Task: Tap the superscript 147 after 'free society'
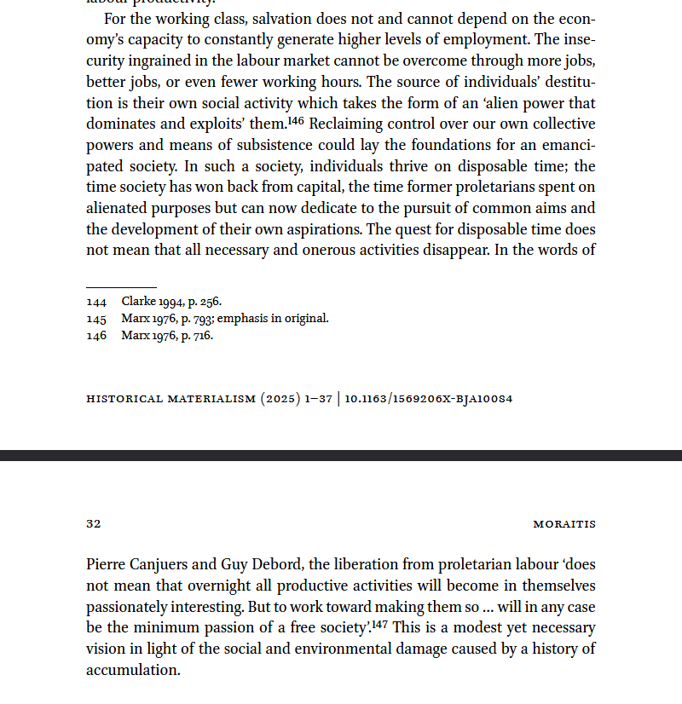[x=381, y=625]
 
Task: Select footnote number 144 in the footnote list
[x=96, y=302]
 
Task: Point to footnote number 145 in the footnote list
[x=96, y=319]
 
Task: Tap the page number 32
[x=94, y=524]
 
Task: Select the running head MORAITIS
[x=564, y=524]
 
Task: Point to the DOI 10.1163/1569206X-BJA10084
[x=429, y=399]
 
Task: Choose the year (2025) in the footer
[x=280, y=399]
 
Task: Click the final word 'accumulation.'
[x=133, y=671]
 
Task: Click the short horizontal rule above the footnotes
[x=121, y=287]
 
